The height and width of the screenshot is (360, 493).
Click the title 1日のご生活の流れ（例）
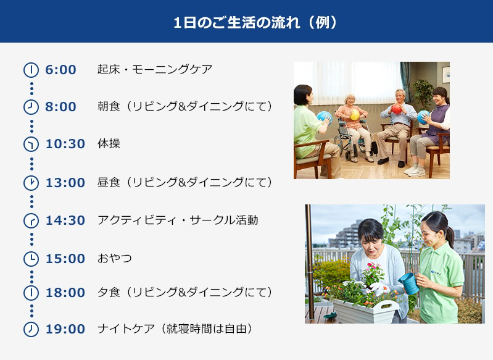click(x=255, y=23)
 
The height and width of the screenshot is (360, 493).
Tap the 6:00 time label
click(x=60, y=70)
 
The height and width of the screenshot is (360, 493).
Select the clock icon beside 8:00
click(x=31, y=107)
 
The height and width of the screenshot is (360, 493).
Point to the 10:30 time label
click(x=65, y=144)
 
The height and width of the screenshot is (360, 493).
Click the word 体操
click(x=109, y=143)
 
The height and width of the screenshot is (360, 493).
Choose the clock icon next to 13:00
click(x=31, y=183)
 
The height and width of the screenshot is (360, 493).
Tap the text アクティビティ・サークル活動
click(x=178, y=220)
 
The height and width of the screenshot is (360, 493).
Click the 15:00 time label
click(x=65, y=259)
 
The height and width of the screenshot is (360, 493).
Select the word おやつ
click(x=114, y=258)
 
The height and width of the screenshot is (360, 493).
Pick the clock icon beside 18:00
click(x=31, y=293)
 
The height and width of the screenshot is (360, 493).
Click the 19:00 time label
click(x=65, y=329)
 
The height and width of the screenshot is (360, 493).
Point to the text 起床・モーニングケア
click(x=155, y=69)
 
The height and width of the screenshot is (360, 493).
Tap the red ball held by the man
click(x=397, y=109)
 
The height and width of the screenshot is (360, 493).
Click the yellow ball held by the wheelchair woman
click(x=355, y=115)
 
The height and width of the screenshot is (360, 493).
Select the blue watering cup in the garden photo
click(x=409, y=283)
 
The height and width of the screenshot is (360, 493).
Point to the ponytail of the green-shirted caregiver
click(x=450, y=237)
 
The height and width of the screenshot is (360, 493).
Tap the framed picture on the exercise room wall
click(x=445, y=75)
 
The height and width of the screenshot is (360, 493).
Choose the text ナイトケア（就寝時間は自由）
click(x=175, y=329)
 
